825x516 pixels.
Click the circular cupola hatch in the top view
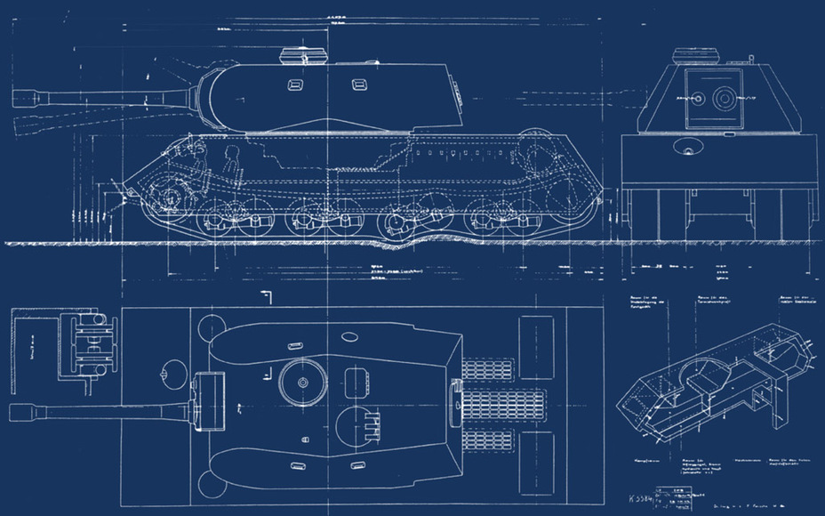pyautogui.click(x=303, y=382)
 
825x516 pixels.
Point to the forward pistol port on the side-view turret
pyautogui.click(x=295, y=85)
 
